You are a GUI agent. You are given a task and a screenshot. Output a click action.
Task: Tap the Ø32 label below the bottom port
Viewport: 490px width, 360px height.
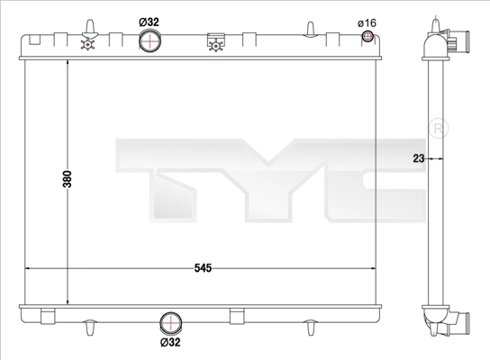170,343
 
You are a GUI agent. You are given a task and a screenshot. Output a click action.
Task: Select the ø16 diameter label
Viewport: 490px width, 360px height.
367,22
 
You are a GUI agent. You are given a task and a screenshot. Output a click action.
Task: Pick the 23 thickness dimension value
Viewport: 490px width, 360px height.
417,158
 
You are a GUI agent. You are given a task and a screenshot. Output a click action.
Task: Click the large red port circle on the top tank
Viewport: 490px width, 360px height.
151,40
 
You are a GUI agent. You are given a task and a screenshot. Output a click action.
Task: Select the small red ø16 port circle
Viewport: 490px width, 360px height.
367,37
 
